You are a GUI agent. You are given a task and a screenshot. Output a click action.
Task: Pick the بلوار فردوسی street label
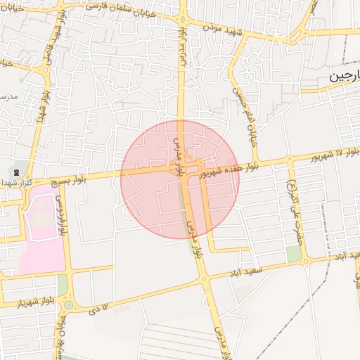pyautogui.click(x=62, y=215)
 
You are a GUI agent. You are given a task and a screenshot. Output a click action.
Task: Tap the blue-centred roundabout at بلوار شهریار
pyautogui.click(x=68, y=304)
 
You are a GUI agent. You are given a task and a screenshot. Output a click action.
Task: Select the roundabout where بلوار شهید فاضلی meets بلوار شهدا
pyautogui.click(x=48, y=70)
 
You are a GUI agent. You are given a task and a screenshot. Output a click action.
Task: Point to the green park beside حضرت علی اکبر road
pyautogui.click(x=293, y=253)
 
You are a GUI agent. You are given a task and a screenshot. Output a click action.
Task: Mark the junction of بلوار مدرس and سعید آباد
pyautogui.click(x=205, y=279)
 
